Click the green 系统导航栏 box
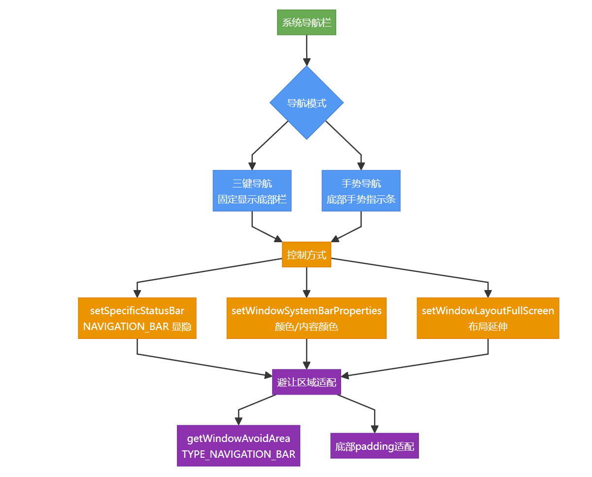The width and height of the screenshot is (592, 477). pos(307,22)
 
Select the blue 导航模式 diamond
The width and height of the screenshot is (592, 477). pos(307,103)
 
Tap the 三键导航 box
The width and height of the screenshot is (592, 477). pos(252,191)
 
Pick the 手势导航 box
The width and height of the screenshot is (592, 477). pos(361,191)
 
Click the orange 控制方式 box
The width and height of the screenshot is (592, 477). pos(307,255)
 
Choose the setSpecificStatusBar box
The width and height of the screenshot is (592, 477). pos(137,318)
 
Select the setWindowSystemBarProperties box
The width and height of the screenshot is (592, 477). pos(307,318)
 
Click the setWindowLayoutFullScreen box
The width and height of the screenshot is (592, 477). pos(488,318)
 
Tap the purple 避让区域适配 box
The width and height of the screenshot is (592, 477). pos(307,382)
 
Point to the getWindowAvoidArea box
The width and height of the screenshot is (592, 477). pos(239,446)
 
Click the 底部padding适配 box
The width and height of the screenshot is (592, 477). pos(375,446)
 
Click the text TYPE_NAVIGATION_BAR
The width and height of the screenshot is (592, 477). pos(239,454)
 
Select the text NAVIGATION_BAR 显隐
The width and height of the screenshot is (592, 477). pos(137,327)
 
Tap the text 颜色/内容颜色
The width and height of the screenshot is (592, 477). pos(307,327)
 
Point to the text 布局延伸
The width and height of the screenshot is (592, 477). pos(488,327)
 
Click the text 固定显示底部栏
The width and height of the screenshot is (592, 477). pos(252,199)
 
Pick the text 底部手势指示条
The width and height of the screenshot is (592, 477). pos(361,199)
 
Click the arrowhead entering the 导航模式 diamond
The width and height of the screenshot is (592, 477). pos(307,62)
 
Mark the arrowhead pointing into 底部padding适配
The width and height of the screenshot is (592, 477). pos(375,429)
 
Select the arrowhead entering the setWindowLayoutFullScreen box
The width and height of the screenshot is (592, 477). pos(488,294)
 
